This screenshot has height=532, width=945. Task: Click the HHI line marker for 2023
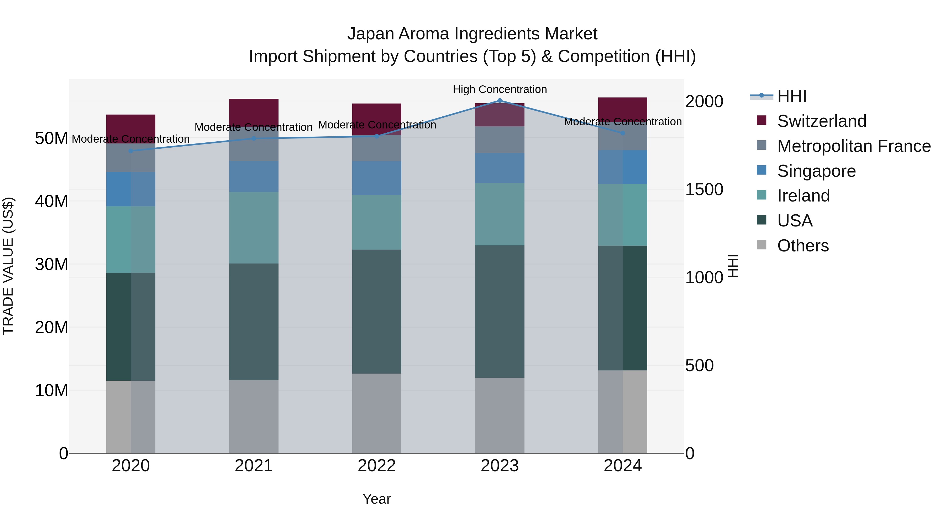coord(500,100)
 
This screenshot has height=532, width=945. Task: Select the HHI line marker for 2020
coord(131,151)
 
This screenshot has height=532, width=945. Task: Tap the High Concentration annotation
coord(500,89)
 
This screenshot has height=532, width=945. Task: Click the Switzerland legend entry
coord(821,121)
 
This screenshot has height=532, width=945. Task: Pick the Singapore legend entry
coord(816,171)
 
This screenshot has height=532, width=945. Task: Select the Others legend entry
coord(803,246)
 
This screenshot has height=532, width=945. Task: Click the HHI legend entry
coord(792,96)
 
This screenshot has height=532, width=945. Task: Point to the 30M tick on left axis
coord(51,264)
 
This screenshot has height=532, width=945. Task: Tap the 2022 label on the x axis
coord(377,466)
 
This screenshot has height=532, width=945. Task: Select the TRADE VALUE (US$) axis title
coord(8,266)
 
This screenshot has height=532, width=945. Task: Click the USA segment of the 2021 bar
coord(254,321)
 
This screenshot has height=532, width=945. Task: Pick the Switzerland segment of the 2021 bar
coord(254,110)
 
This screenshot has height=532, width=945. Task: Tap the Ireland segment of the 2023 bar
coord(500,214)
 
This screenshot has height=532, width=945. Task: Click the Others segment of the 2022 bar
coord(377,413)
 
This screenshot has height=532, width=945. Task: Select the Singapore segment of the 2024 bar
coord(623,167)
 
